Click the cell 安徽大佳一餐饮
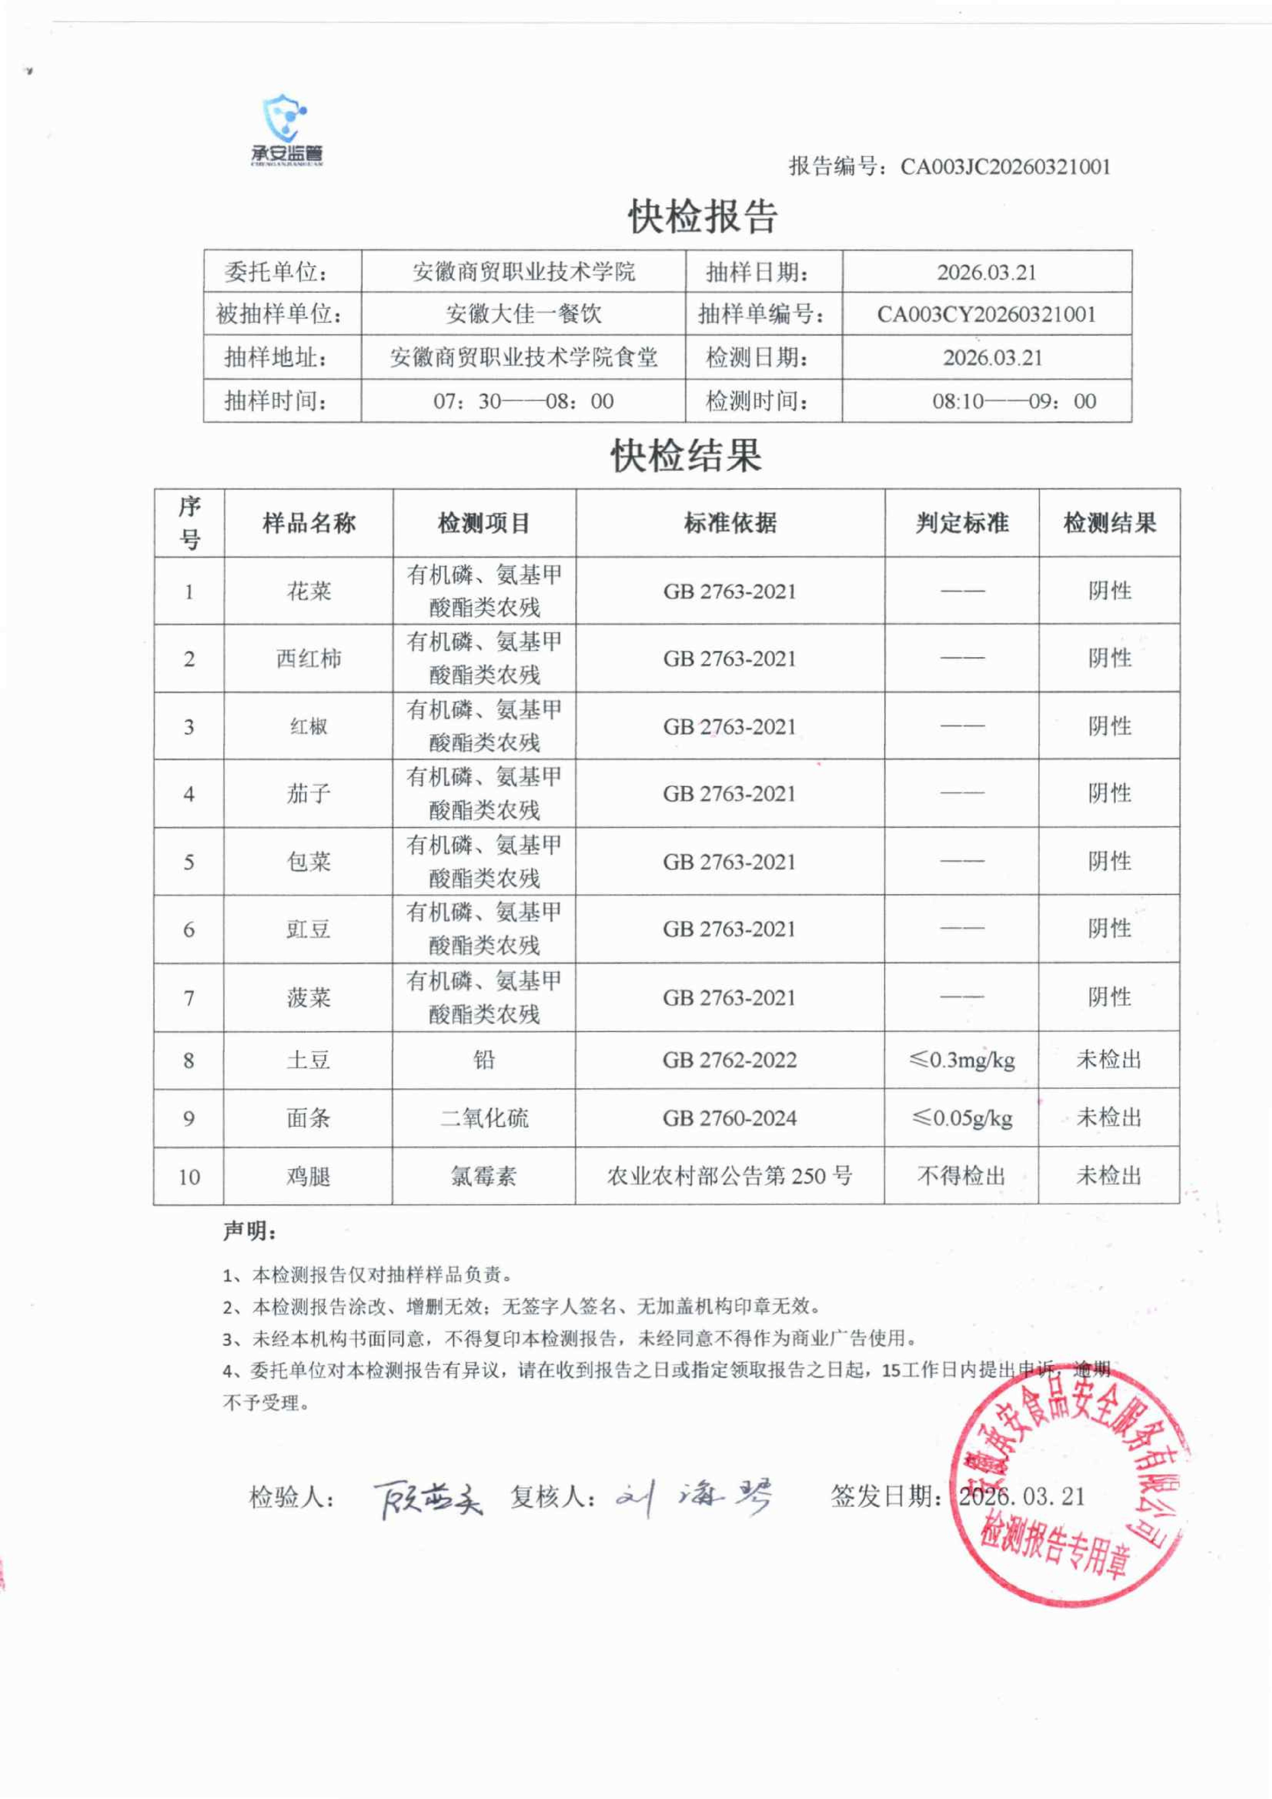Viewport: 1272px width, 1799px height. coord(523,314)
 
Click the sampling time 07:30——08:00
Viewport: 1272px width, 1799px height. coord(523,401)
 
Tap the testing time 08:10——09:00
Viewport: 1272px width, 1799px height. coord(1014,401)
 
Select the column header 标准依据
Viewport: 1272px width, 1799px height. coord(730,523)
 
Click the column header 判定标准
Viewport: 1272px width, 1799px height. coord(962,523)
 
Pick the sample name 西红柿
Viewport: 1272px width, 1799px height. coord(309,658)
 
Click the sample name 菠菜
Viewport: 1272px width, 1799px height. coord(309,997)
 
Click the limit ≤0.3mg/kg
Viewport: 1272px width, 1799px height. coord(962,1060)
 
